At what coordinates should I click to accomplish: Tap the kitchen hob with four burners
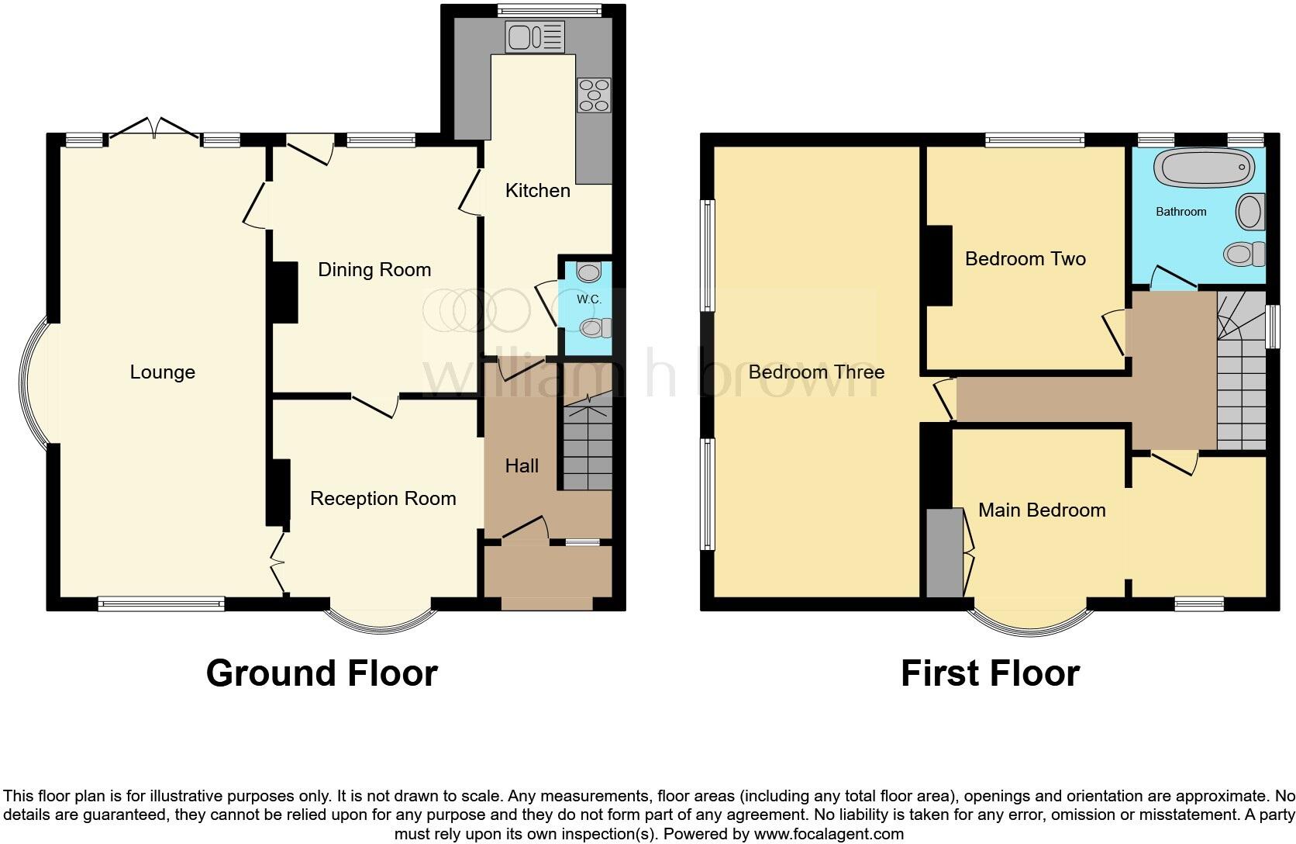coord(594,95)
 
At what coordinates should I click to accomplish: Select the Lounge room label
coord(162,372)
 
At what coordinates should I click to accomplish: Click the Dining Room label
coord(374,270)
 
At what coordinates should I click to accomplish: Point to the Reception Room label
coord(383,499)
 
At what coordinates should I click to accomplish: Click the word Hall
coord(522,466)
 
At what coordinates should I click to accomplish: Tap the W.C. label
coord(588,299)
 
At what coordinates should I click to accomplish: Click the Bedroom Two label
coord(1025,259)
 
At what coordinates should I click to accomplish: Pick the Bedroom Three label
coord(816,372)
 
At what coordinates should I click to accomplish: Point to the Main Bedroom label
coord(1041,510)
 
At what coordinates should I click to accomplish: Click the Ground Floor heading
coord(322,673)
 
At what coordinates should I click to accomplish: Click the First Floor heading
coord(990,673)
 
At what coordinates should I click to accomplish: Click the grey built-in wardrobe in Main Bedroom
coord(943,552)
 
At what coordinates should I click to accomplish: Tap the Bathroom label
coord(1181,212)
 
